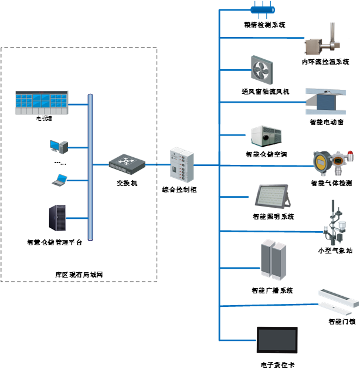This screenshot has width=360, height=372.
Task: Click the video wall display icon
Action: pyautogui.click(x=42, y=103)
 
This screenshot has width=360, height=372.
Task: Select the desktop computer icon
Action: pyautogui.click(x=59, y=146)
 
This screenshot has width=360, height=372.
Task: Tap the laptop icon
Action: pyautogui.click(x=59, y=181)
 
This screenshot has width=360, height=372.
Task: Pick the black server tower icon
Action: pyautogui.click(x=57, y=218)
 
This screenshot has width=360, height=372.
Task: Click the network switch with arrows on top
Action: pyautogui.click(x=127, y=163)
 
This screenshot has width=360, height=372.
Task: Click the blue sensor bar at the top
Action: pyautogui.click(x=262, y=9)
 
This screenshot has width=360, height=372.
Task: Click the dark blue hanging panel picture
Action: pyautogui.click(x=326, y=100)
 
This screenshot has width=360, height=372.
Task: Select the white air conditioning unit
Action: pyautogui.click(x=266, y=136)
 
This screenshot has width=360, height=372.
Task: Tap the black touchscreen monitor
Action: pyautogui.click(x=277, y=340)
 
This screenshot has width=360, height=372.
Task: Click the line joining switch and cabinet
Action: pyautogui.click(x=157, y=165)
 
